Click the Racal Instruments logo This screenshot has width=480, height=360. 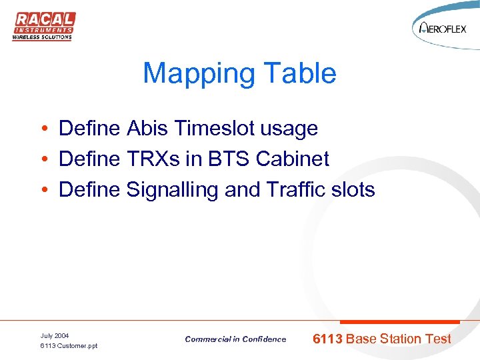43,26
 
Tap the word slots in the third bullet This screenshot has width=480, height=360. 353,190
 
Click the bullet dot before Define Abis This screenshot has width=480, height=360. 42,129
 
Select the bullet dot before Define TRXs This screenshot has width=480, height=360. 42,160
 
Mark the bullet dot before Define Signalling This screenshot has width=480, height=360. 42,191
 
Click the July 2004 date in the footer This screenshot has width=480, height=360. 55,335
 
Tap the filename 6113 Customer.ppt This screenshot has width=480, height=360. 69,346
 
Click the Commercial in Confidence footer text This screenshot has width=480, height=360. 235,339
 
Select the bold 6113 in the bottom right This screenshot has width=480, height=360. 328,339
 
